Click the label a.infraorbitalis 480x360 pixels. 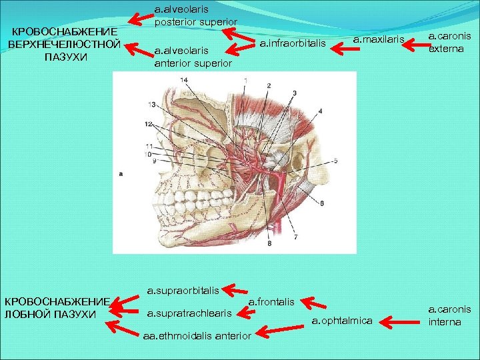tap(291, 45)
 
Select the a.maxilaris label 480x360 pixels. tap(379, 40)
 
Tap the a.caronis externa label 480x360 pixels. tap(447, 42)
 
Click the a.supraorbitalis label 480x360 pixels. tap(183, 291)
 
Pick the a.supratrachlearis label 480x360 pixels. tap(189, 313)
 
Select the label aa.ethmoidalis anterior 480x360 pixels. tap(197, 335)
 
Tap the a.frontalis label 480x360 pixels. tap(271, 302)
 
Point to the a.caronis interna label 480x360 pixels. tap(449, 315)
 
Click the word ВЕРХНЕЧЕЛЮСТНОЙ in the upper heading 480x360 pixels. tap(64, 45)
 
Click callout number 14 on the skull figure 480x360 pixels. tap(183, 80)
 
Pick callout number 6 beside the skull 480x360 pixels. tap(321, 202)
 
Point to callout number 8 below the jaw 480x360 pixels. tap(270, 244)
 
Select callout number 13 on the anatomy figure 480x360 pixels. tap(152, 104)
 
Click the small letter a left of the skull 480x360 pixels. tap(120, 173)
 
